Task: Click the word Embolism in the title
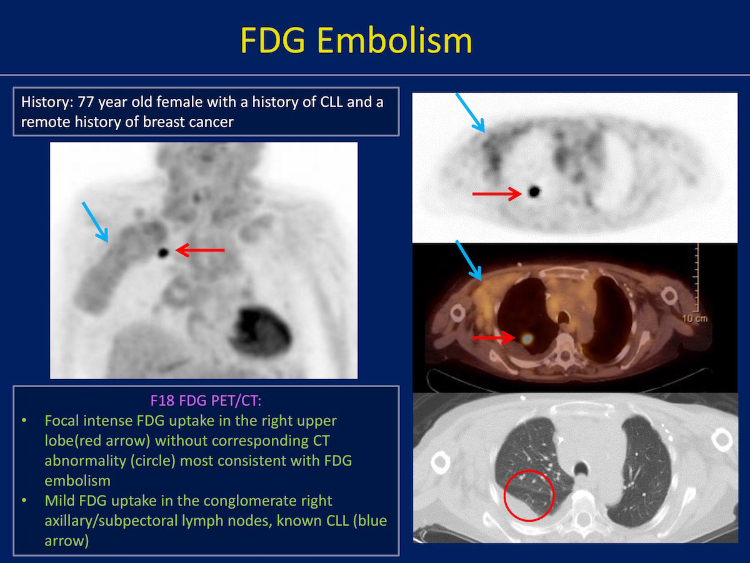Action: tap(394, 40)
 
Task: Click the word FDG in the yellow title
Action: tap(272, 40)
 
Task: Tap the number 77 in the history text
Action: tap(86, 102)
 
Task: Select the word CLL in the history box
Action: tap(331, 102)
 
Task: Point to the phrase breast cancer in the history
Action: tap(188, 122)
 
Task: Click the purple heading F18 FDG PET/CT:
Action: tap(206, 400)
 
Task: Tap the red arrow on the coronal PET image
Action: tap(200, 250)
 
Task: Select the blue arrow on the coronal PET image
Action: tap(95, 222)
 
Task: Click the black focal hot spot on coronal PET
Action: tap(163, 253)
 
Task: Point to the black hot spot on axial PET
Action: tap(534, 191)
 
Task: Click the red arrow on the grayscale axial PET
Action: tap(497, 194)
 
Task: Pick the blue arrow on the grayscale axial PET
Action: tap(470, 113)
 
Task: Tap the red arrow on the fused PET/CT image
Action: tap(494, 338)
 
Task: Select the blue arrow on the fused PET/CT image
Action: tap(469, 260)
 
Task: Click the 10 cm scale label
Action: tap(694, 318)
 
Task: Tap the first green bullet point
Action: tap(24, 420)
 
